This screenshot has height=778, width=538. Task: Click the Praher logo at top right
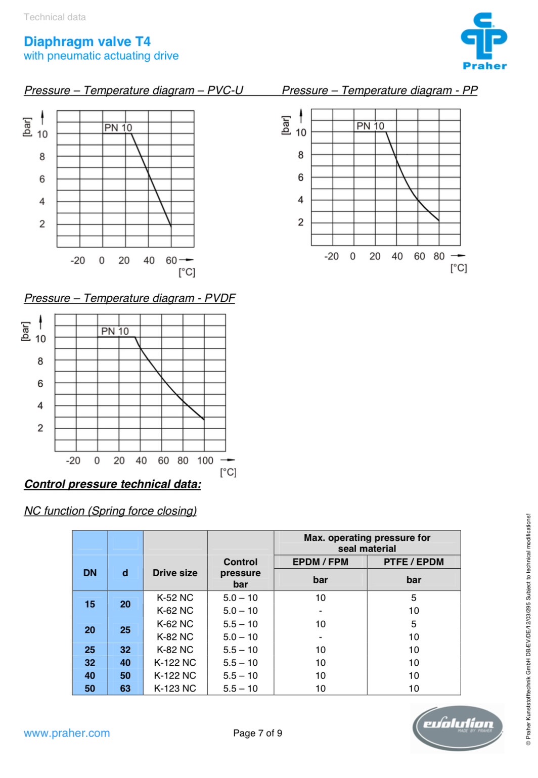(483, 40)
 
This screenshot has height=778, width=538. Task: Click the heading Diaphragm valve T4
(87, 41)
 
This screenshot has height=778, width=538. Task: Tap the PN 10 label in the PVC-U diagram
(118, 128)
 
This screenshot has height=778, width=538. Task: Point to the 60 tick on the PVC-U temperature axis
(171, 260)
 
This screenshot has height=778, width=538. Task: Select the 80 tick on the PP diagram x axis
(439, 256)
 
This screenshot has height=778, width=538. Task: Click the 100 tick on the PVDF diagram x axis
(205, 461)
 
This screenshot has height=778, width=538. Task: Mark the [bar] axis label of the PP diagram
(286, 125)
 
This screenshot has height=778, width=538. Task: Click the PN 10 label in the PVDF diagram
(115, 331)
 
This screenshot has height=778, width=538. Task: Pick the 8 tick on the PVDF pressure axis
(40, 361)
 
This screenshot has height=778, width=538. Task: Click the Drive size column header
(175, 573)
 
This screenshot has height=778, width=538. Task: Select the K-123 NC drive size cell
(175, 688)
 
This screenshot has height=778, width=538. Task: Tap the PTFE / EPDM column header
(414, 562)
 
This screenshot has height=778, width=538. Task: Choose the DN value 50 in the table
(90, 688)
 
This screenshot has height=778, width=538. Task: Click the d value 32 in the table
(125, 650)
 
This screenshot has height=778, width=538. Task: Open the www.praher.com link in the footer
(67, 733)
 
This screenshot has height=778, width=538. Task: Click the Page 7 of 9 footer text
(257, 733)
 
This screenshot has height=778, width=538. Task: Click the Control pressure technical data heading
(113, 484)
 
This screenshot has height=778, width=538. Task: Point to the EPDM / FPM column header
(320, 562)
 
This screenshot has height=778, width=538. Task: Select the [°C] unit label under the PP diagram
(459, 268)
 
